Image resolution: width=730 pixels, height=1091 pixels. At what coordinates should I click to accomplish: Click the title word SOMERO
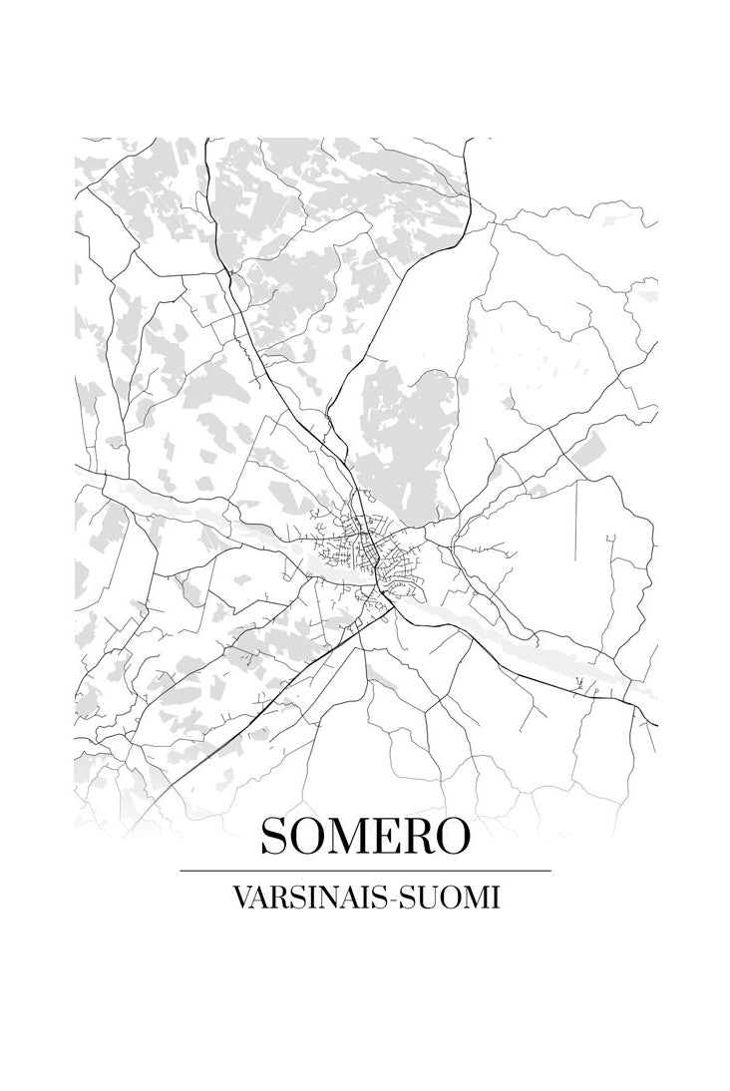[365, 836]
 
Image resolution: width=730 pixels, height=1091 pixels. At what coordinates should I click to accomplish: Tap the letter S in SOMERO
[274, 836]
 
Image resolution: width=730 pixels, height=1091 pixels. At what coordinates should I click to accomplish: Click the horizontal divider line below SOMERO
[365, 871]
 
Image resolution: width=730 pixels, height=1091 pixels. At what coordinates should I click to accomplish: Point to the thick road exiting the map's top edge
[206, 160]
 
